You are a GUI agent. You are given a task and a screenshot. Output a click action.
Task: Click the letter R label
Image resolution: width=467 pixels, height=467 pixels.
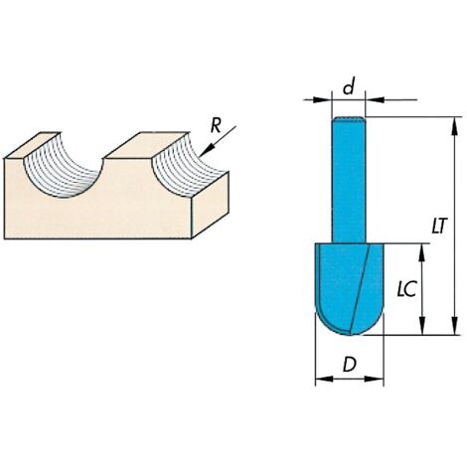[216, 126]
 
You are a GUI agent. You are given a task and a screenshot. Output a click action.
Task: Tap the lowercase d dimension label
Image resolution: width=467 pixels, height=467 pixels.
[349, 86]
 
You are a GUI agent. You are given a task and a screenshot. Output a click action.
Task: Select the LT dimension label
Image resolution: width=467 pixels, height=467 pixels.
[439, 227]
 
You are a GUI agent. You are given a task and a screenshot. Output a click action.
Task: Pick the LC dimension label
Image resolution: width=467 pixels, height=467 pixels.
[406, 289]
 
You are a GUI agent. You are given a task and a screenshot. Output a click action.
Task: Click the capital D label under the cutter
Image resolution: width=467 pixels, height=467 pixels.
[350, 365]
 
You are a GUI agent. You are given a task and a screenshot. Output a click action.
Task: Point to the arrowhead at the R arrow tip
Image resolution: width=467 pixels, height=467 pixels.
[205, 151]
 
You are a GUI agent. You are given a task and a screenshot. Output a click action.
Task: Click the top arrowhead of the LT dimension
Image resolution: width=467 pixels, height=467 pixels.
[455, 126]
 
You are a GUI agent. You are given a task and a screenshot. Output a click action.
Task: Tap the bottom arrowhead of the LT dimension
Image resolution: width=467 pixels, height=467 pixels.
[455, 326]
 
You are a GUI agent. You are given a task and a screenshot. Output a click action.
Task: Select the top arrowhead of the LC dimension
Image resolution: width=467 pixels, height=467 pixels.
[422, 252]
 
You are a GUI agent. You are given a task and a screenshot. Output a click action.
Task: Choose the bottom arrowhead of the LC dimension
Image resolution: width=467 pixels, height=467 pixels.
[422, 326]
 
